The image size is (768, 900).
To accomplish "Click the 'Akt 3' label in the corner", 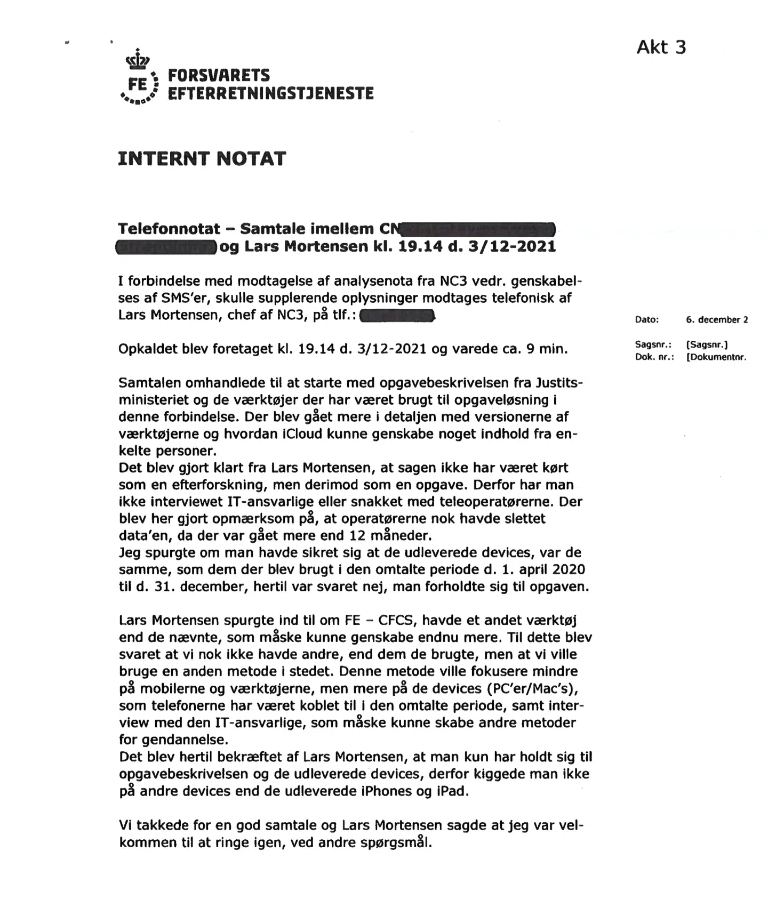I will (661, 47).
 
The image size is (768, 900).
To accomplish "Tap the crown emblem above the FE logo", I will (138, 59).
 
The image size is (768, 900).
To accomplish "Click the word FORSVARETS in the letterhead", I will (219, 75).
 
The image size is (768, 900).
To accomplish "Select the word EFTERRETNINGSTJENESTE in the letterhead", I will (270, 93).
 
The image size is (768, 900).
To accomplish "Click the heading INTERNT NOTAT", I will (202, 158).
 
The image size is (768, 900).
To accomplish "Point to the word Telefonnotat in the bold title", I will (169, 229).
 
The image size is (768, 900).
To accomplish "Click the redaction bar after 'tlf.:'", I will (397, 316).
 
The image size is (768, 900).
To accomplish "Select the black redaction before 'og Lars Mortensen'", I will (166, 247).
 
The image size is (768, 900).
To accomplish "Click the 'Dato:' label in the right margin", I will (646, 320).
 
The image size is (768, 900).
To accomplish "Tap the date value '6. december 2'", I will (716, 320).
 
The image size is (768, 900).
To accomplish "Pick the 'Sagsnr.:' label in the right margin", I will (653, 345).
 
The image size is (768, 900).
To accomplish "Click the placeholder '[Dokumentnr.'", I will (716, 357).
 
